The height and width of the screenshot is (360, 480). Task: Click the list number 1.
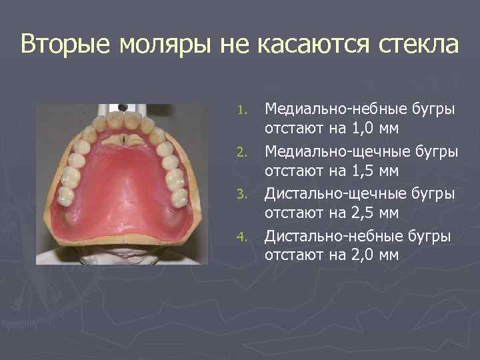tap(245, 109)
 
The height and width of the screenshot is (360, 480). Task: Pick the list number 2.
tap(245, 151)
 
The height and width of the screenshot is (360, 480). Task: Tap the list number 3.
tap(245, 194)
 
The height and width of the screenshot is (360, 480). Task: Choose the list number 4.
tap(245, 237)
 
